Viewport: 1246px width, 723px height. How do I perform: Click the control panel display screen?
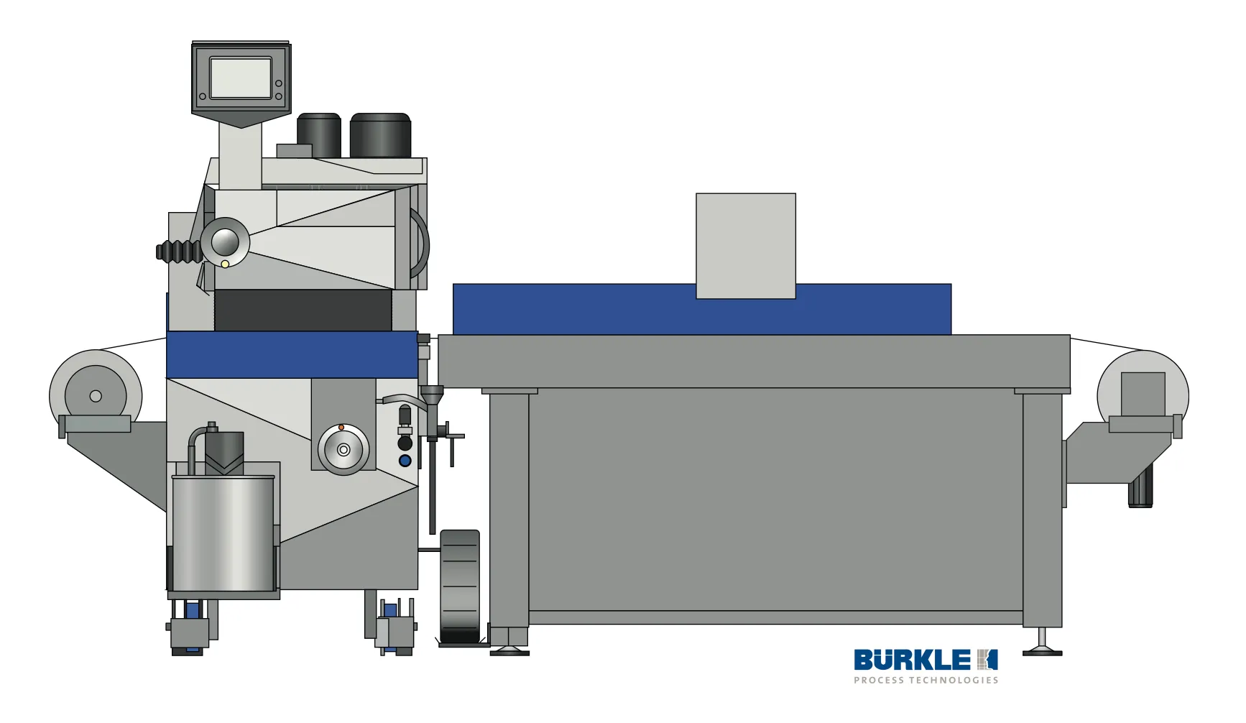click(x=241, y=78)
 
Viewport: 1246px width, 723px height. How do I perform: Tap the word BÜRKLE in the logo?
click(x=912, y=660)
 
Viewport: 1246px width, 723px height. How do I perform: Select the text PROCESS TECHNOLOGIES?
click(x=926, y=680)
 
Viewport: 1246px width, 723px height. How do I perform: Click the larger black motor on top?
click(x=380, y=135)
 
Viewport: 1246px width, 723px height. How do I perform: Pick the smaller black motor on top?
click(x=319, y=135)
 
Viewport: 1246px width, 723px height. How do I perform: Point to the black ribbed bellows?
click(x=179, y=252)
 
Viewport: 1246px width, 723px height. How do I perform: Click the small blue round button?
click(x=405, y=461)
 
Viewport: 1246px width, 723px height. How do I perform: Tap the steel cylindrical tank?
click(x=223, y=533)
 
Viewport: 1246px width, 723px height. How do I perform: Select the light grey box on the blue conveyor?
click(x=746, y=246)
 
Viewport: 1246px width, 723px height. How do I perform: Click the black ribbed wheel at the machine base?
click(x=460, y=586)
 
